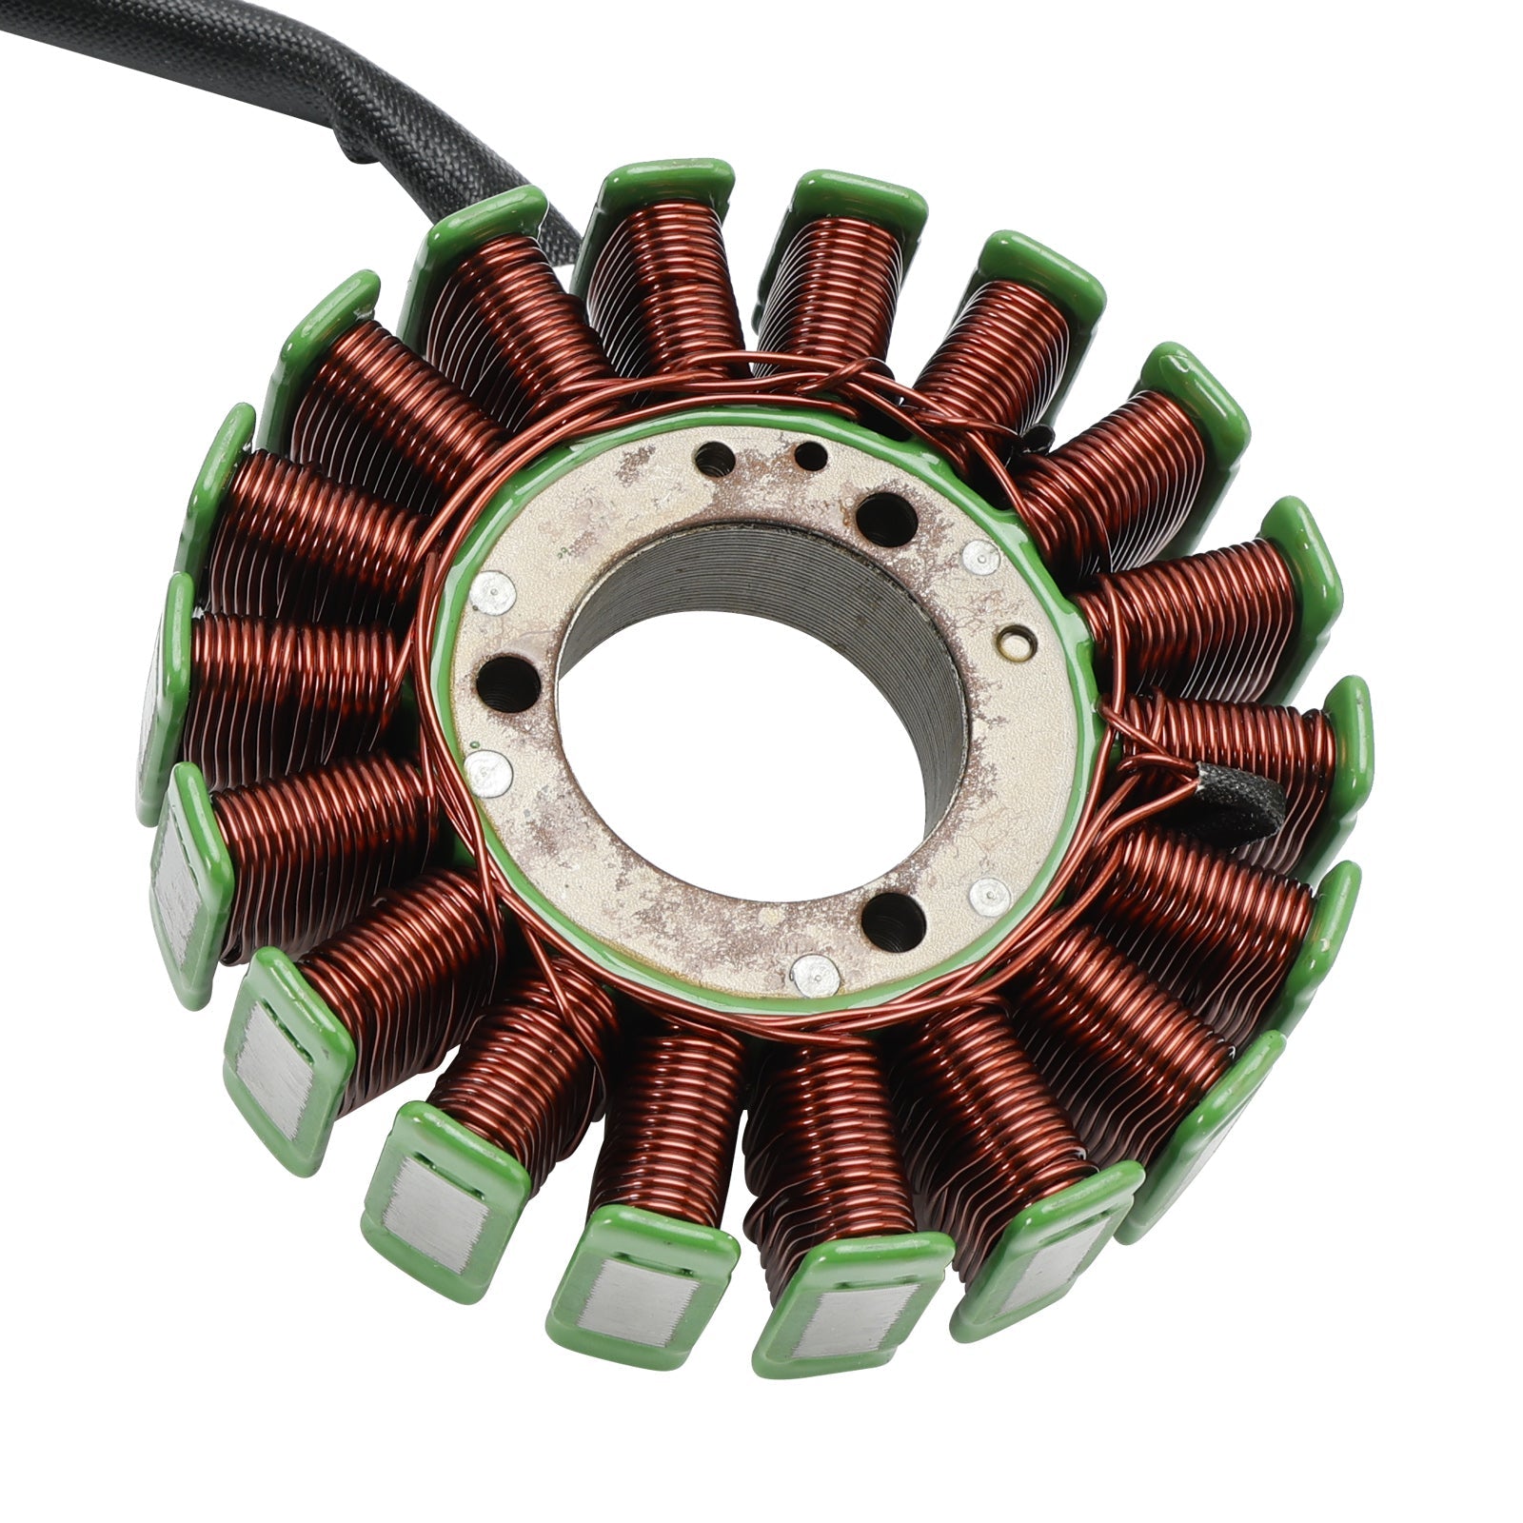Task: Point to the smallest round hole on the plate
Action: pyautogui.click(x=810, y=457)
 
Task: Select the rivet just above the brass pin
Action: pyautogui.click(x=980, y=559)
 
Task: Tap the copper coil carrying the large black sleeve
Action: pyautogui.click(x=1237, y=752)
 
